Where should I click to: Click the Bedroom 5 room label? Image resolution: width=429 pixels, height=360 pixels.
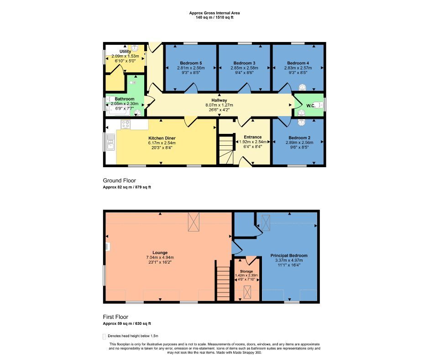click(x=190, y=63)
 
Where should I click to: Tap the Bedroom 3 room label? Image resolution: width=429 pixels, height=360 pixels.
click(x=244, y=63)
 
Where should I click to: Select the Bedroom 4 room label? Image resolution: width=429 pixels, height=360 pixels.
click(x=298, y=63)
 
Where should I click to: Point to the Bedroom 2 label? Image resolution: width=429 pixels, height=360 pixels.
click(x=299, y=138)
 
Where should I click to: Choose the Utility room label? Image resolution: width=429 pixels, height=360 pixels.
click(x=125, y=51)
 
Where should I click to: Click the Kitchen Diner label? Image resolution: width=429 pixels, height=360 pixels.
click(x=162, y=138)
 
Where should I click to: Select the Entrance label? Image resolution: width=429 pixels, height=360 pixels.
click(x=252, y=137)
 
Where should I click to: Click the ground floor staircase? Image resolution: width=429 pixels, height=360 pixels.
click(x=225, y=150)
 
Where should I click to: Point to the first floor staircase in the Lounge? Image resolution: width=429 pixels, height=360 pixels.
click(x=223, y=284)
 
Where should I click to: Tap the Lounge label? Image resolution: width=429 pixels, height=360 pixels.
click(x=160, y=253)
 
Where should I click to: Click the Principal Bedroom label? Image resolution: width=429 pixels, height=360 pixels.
click(x=289, y=255)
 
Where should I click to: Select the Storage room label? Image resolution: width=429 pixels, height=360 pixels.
click(x=246, y=271)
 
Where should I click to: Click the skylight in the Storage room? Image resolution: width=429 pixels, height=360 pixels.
click(x=247, y=291)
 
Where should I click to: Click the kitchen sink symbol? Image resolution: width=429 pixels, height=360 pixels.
click(x=110, y=142)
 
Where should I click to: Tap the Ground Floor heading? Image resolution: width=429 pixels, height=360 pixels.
click(x=119, y=180)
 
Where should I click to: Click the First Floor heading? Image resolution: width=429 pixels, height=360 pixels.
click(x=115, y=317)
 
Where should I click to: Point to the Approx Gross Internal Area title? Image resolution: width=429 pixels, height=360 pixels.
click(x=214, y=13)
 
